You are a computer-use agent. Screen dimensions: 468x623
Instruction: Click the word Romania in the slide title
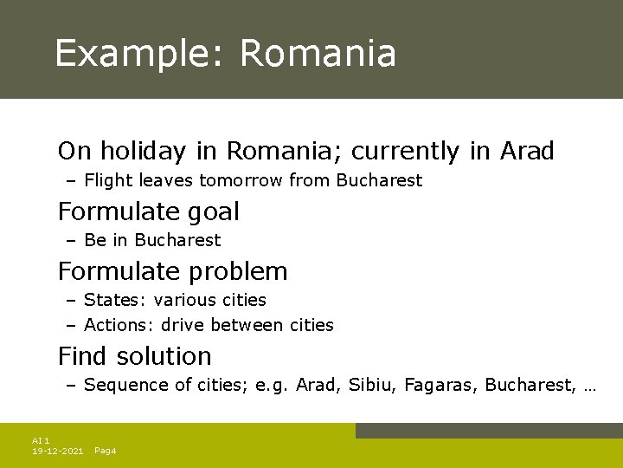pos(318,54)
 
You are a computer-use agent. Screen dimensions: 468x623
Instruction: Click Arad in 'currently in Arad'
pos(526,152)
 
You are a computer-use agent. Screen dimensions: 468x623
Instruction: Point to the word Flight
pos(109,181)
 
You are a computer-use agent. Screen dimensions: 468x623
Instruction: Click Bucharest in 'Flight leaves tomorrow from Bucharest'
pos(379,181)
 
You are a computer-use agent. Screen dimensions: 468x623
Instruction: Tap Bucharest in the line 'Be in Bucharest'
pos(177,240)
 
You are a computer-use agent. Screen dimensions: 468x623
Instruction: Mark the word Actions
pos(118,326)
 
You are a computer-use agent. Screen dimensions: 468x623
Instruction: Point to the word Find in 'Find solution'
pos(83,356)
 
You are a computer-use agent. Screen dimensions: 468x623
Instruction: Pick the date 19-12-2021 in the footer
pos(57,452)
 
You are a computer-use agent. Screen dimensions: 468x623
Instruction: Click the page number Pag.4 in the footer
pos(105,452)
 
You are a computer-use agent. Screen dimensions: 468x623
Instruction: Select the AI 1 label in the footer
pos(41,441)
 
